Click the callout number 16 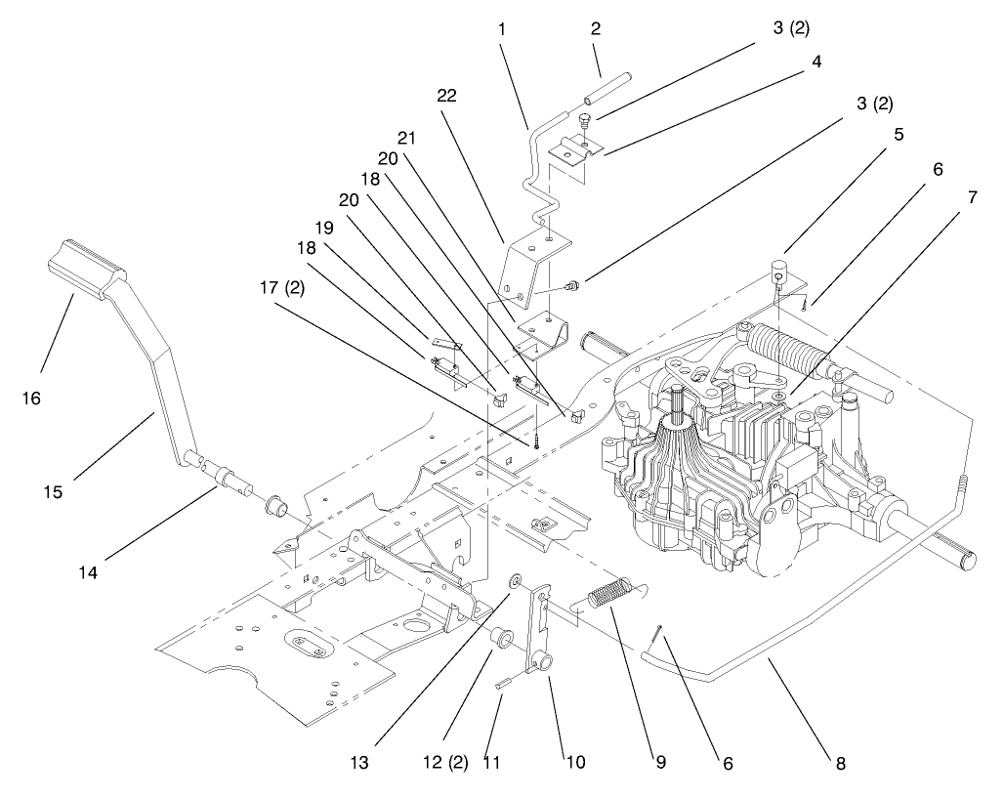click(x=30, y=398)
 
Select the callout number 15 click(x=53, y=491)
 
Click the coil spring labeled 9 click(x=609, y=592)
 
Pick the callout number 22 click(x=447, y=96)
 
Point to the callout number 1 click(x=501, y=29)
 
